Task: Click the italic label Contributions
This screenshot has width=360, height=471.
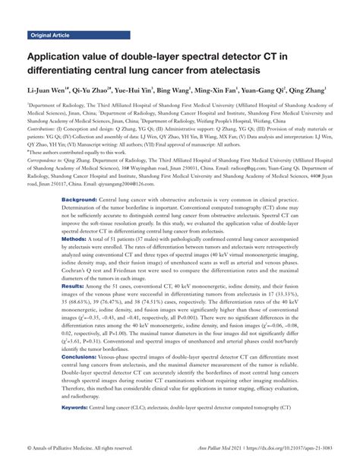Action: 45,130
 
